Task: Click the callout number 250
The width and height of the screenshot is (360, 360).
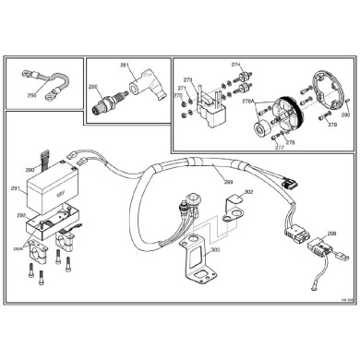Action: click(x=31, y=94)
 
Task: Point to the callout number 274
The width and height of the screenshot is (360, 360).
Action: click(x=235, y=66)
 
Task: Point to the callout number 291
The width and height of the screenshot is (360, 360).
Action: click(x=15, y=189)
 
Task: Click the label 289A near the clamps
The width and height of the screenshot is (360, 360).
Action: click(x=17, y=248)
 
